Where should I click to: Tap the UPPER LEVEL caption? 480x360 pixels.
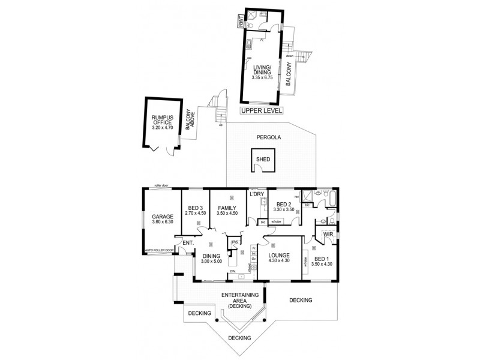point(261,110)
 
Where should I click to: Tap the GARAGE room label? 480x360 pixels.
point(162,217)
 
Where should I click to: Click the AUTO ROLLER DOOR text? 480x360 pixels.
point(159,250)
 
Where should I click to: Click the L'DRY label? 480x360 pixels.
point(257,194)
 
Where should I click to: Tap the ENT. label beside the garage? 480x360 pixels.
point(187,242)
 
